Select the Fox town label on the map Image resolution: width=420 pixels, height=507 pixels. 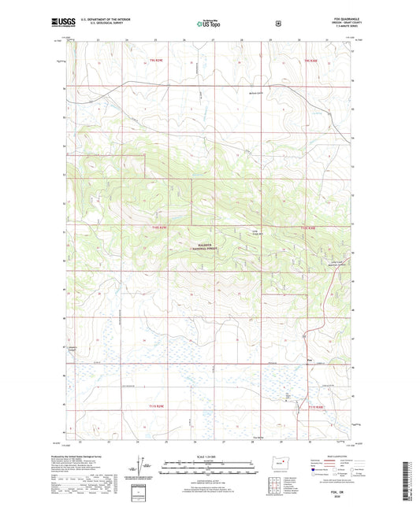coord(310,361)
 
